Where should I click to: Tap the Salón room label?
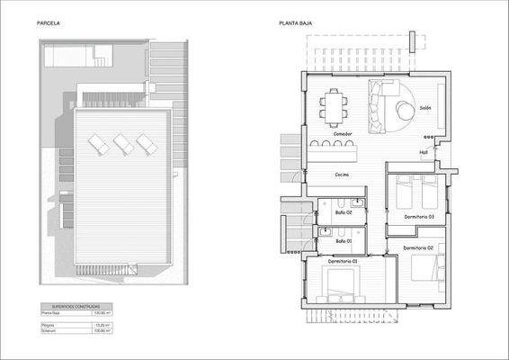[x=426, y=108]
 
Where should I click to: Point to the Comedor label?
[x=343, y=134]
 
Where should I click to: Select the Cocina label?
[x=342, y=175]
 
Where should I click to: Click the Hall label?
[x=424, y=152]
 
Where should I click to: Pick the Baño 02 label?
[x=343, y=212]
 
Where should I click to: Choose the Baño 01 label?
[x=343, y=240]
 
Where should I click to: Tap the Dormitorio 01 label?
[x=343, y=261]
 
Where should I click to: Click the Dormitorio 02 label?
[x=419, y=247]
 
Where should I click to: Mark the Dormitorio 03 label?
[x=419, y=217]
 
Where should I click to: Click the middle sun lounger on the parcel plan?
[x=122, y=144]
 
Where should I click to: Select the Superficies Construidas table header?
[x=76, y=305]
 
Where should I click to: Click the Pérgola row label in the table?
[x=50, y=324]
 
